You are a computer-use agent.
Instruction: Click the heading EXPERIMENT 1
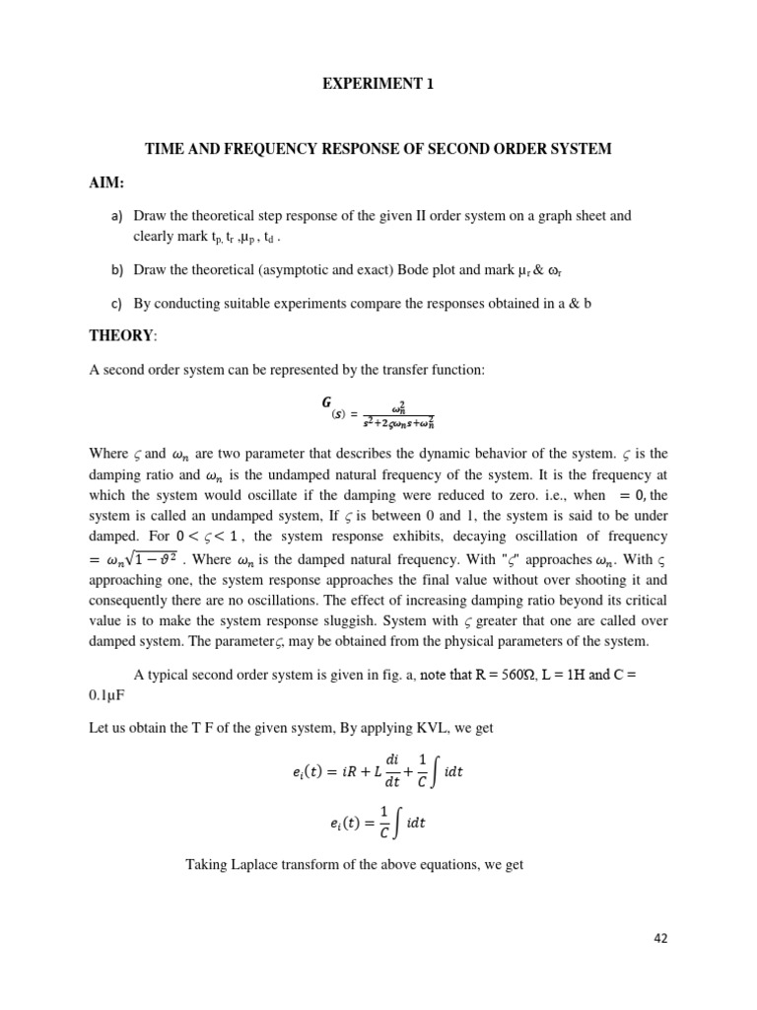coord(378,85)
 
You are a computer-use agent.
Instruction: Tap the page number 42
coord(659,939)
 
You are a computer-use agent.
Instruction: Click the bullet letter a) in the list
coord(115,216)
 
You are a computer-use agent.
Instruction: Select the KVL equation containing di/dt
coord(378,771)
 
